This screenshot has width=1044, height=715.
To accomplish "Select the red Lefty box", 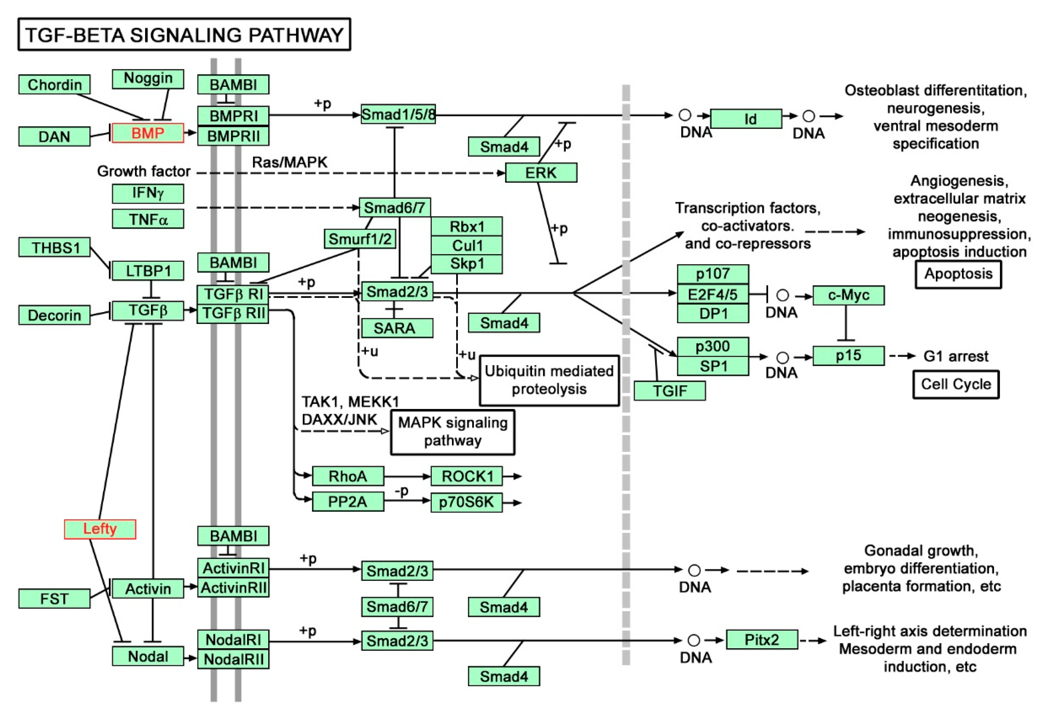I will tap(100, 529).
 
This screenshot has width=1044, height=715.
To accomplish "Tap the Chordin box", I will tap(54, 84).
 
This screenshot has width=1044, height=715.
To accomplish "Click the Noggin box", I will tap(148, 79).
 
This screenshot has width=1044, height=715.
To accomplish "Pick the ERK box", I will tap(540, 173).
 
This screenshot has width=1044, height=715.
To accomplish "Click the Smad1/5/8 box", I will tap(398, 114).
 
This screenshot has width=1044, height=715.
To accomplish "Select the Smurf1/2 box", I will tap(359, 239).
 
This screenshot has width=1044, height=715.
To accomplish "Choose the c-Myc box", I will tap(848, 295).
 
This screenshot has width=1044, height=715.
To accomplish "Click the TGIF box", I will tap(669, 390).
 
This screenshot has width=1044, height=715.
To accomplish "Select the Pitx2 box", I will tap(762, 640).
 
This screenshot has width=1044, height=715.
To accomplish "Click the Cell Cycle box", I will tap(956, 384).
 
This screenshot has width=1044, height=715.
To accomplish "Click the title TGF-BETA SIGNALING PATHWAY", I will tap(184, 35).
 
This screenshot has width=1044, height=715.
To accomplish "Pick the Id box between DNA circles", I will tap(746, 119).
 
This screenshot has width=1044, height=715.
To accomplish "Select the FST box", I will tap(54, 599).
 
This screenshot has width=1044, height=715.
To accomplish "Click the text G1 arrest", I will tap(956, 356).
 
